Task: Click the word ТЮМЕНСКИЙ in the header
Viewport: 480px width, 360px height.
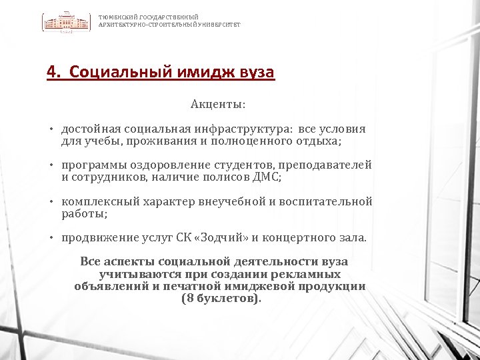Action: coord(113,17)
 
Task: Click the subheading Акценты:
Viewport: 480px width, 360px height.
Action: coord(218,105)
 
